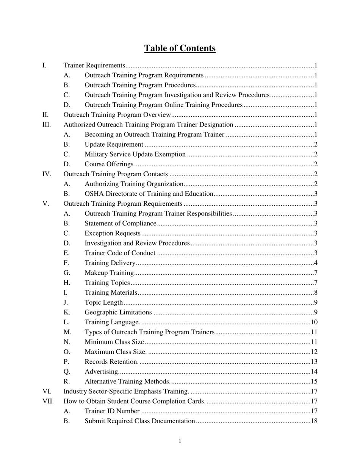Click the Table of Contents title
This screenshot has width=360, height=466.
180,48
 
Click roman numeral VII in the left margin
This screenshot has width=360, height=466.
48,401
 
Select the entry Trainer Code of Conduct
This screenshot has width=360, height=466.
120,253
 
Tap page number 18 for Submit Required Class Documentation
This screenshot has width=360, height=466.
314,421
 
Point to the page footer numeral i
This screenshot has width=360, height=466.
180,440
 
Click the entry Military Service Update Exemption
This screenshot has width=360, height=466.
135,154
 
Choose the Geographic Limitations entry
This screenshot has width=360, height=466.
118,312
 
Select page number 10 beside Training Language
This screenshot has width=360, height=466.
314,322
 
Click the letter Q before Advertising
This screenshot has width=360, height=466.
67,372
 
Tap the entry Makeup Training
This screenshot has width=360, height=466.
109,273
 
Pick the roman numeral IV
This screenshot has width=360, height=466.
46,174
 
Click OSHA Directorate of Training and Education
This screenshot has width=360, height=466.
149,194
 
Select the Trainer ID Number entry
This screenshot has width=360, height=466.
112,411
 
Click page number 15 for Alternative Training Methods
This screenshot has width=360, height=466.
314,382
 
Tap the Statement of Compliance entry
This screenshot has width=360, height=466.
120,224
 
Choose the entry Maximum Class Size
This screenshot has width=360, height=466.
115,352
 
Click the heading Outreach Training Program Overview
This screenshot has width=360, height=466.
117,115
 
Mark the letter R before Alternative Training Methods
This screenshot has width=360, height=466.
67,382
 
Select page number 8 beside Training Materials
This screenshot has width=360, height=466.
316,292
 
